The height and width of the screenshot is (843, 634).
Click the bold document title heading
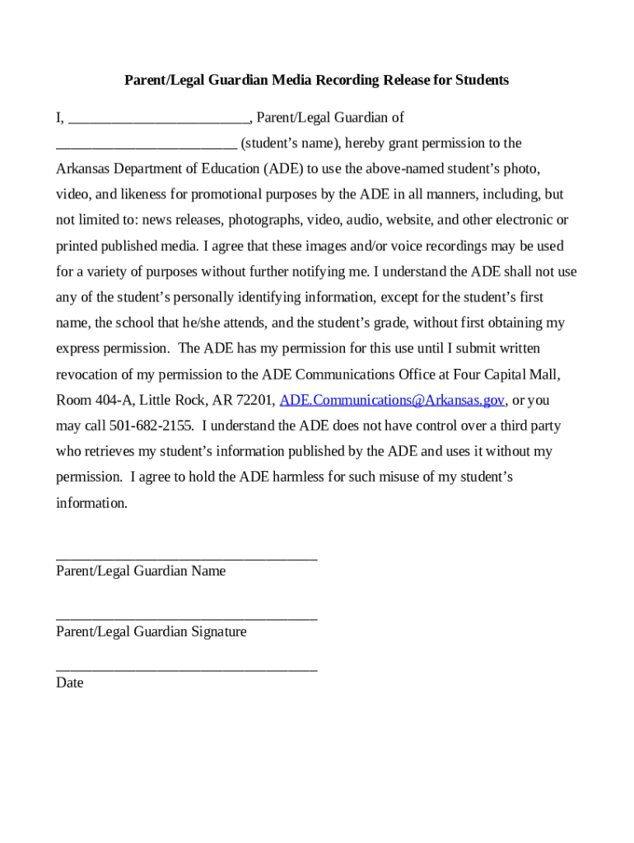pyautogui.click(x=316, y=80)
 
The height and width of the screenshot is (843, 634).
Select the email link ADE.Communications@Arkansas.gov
pyautogui.click(x=392, y=400)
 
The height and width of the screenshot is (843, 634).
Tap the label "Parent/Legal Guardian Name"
pyautogui.click(x=141, y=571)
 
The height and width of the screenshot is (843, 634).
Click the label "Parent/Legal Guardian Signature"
pyautogui.click(x=151, y=631)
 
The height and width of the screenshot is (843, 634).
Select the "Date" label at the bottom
pyautogui.click(x=69, y=682)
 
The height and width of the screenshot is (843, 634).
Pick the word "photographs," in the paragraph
pyautogui.click(x=263, y=220)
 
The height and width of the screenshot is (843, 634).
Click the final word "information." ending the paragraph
pyautogui.click(x=91, y=503)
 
